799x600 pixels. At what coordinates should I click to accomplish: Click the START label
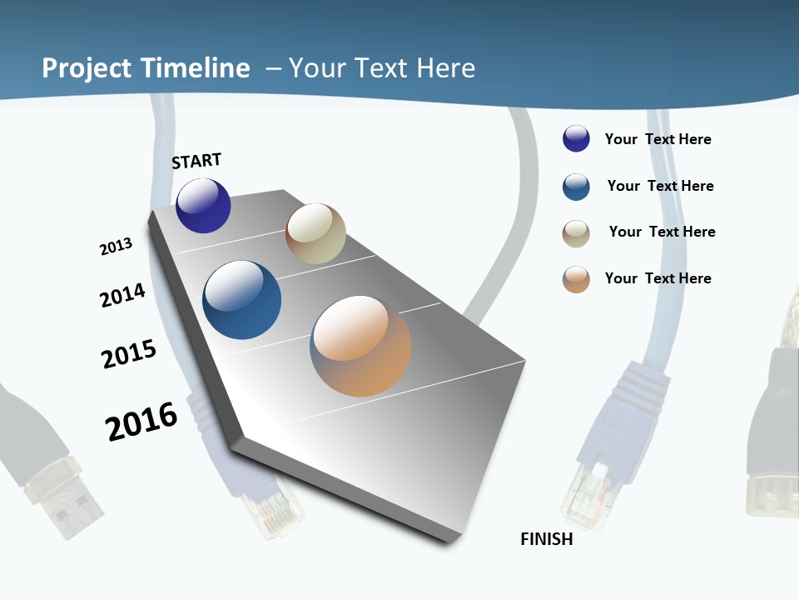196,161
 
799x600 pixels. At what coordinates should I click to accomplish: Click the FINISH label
547,539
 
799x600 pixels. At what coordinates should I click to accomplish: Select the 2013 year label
116,247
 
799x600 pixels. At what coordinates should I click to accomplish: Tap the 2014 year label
122,295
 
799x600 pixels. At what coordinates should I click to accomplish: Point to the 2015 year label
129,354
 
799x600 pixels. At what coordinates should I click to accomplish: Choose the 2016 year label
141,422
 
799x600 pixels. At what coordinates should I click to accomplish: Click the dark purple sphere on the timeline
203,206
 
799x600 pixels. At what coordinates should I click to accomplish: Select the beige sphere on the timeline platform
315,233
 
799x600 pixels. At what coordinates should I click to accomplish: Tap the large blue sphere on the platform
241,300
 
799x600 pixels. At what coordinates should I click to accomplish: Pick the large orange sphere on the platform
360,346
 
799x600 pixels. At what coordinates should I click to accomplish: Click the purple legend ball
576,139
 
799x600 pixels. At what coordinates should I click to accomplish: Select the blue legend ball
576,187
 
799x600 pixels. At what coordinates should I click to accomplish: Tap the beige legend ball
576,233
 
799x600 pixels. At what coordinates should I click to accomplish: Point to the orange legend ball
576,279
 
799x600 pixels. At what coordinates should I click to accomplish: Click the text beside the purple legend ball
658,139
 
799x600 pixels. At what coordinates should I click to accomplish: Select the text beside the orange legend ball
658,278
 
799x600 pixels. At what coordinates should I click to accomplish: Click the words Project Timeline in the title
146,68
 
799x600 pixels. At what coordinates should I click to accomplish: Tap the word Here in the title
445,68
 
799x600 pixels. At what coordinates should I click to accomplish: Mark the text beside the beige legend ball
662,232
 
